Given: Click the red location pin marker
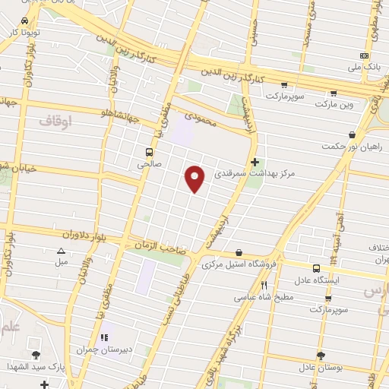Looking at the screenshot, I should point(196,179).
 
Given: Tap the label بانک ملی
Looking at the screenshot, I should point(363,68).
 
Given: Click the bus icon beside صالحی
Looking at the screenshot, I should point(149,150).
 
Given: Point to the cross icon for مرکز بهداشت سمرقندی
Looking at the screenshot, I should point(255,161).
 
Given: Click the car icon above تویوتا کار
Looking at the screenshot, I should point(25,21).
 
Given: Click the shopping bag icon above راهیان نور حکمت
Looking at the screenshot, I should point(351,134).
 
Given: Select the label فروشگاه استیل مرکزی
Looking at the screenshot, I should point(239,265).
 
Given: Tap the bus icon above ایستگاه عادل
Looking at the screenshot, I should point(317,267).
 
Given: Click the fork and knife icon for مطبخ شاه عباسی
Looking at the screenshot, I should point(264,285).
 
